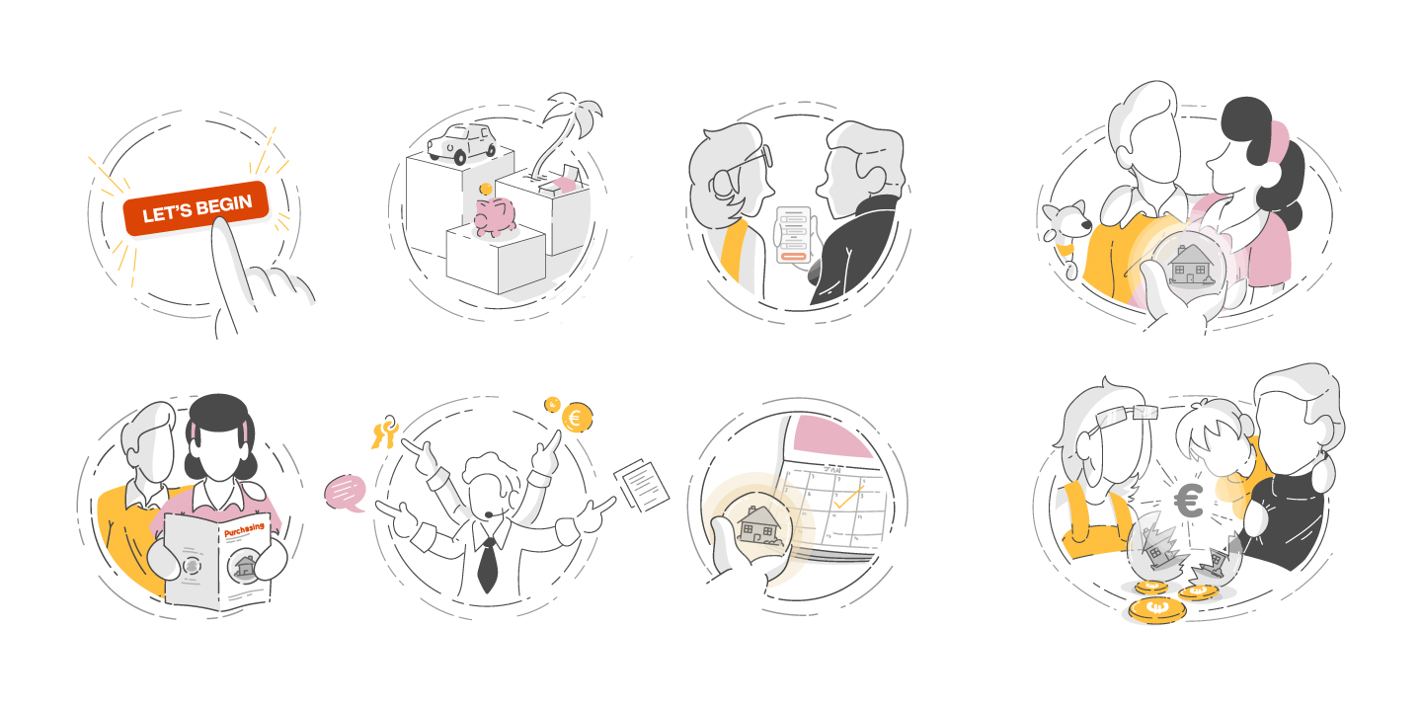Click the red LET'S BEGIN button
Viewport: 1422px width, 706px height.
(x=197, y=208)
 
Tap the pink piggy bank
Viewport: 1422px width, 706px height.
(x=495, y=216)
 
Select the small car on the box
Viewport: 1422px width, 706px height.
(x=461, y=143)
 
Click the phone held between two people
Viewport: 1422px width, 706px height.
(x=794, y=234)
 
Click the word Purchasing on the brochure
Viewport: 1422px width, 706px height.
(x=245, y=529)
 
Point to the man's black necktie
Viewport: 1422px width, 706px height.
(x=488, y=565)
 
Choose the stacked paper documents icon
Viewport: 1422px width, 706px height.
(x=642, y=485)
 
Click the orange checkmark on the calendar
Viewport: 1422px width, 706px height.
(x=848, y=497)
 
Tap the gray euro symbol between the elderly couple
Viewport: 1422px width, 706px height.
(x=1189, y=501)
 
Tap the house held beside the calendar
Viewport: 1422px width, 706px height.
(x=759, y=524)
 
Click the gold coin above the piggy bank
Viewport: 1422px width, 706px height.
(x=486, y=190)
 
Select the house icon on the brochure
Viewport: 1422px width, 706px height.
(x=245, y=566)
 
